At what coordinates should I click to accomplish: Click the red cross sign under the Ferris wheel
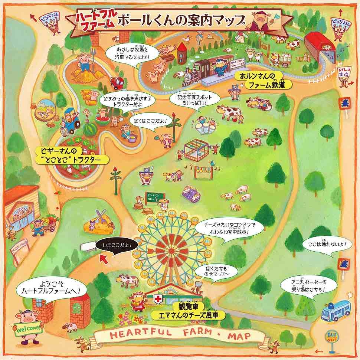coord(159,299)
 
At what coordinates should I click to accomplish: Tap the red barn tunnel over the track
coord(320,48)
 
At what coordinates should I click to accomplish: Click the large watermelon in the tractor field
coord(90,130)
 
